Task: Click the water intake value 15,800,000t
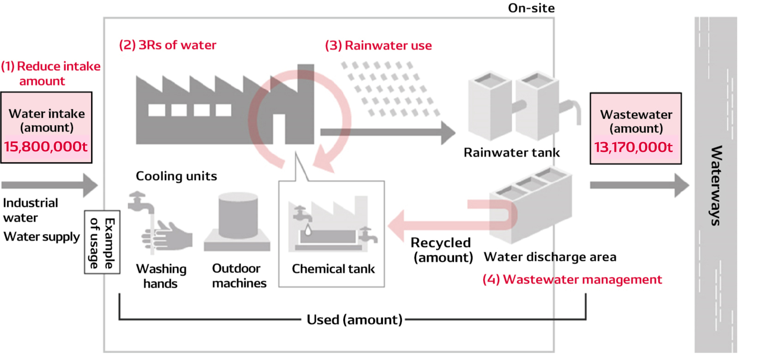46,147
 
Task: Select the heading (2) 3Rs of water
168,45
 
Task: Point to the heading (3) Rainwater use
378,46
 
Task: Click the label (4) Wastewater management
572,280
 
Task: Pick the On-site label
531,8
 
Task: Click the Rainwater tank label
511,153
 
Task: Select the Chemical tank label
333,269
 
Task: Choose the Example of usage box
102,243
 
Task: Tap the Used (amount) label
354,319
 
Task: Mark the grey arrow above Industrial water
50,185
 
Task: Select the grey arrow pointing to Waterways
639,185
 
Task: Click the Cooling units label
176,176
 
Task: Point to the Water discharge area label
550,257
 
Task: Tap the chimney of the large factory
305,78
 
